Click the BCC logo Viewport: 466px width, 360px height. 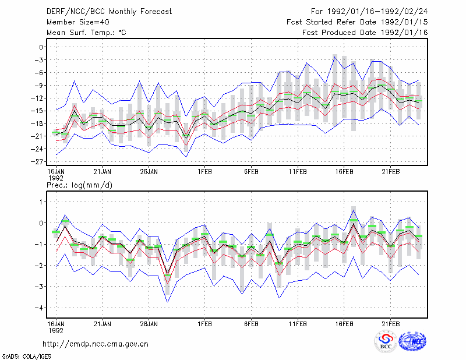386,341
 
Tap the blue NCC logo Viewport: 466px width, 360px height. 412,341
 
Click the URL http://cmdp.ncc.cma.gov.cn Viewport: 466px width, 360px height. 96,344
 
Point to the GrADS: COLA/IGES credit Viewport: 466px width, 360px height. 26,357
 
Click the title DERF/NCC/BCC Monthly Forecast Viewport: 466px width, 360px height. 109,12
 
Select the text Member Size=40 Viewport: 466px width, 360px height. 78,22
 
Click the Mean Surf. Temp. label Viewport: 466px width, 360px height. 86,33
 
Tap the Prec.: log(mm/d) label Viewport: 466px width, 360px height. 79,185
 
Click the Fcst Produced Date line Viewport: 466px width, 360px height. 365,33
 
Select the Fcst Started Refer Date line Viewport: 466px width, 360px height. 357,22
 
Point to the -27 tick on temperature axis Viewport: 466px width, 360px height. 38,162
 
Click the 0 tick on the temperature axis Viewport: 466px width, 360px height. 41,47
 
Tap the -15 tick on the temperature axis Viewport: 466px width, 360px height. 38,111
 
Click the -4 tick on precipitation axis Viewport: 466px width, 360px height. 38,308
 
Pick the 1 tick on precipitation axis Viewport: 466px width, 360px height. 41,202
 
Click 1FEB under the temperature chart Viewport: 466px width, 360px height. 204,172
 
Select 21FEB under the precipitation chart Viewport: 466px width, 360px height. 390,324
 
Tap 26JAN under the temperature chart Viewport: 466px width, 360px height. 149,172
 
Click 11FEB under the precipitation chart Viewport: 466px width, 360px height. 298,324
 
